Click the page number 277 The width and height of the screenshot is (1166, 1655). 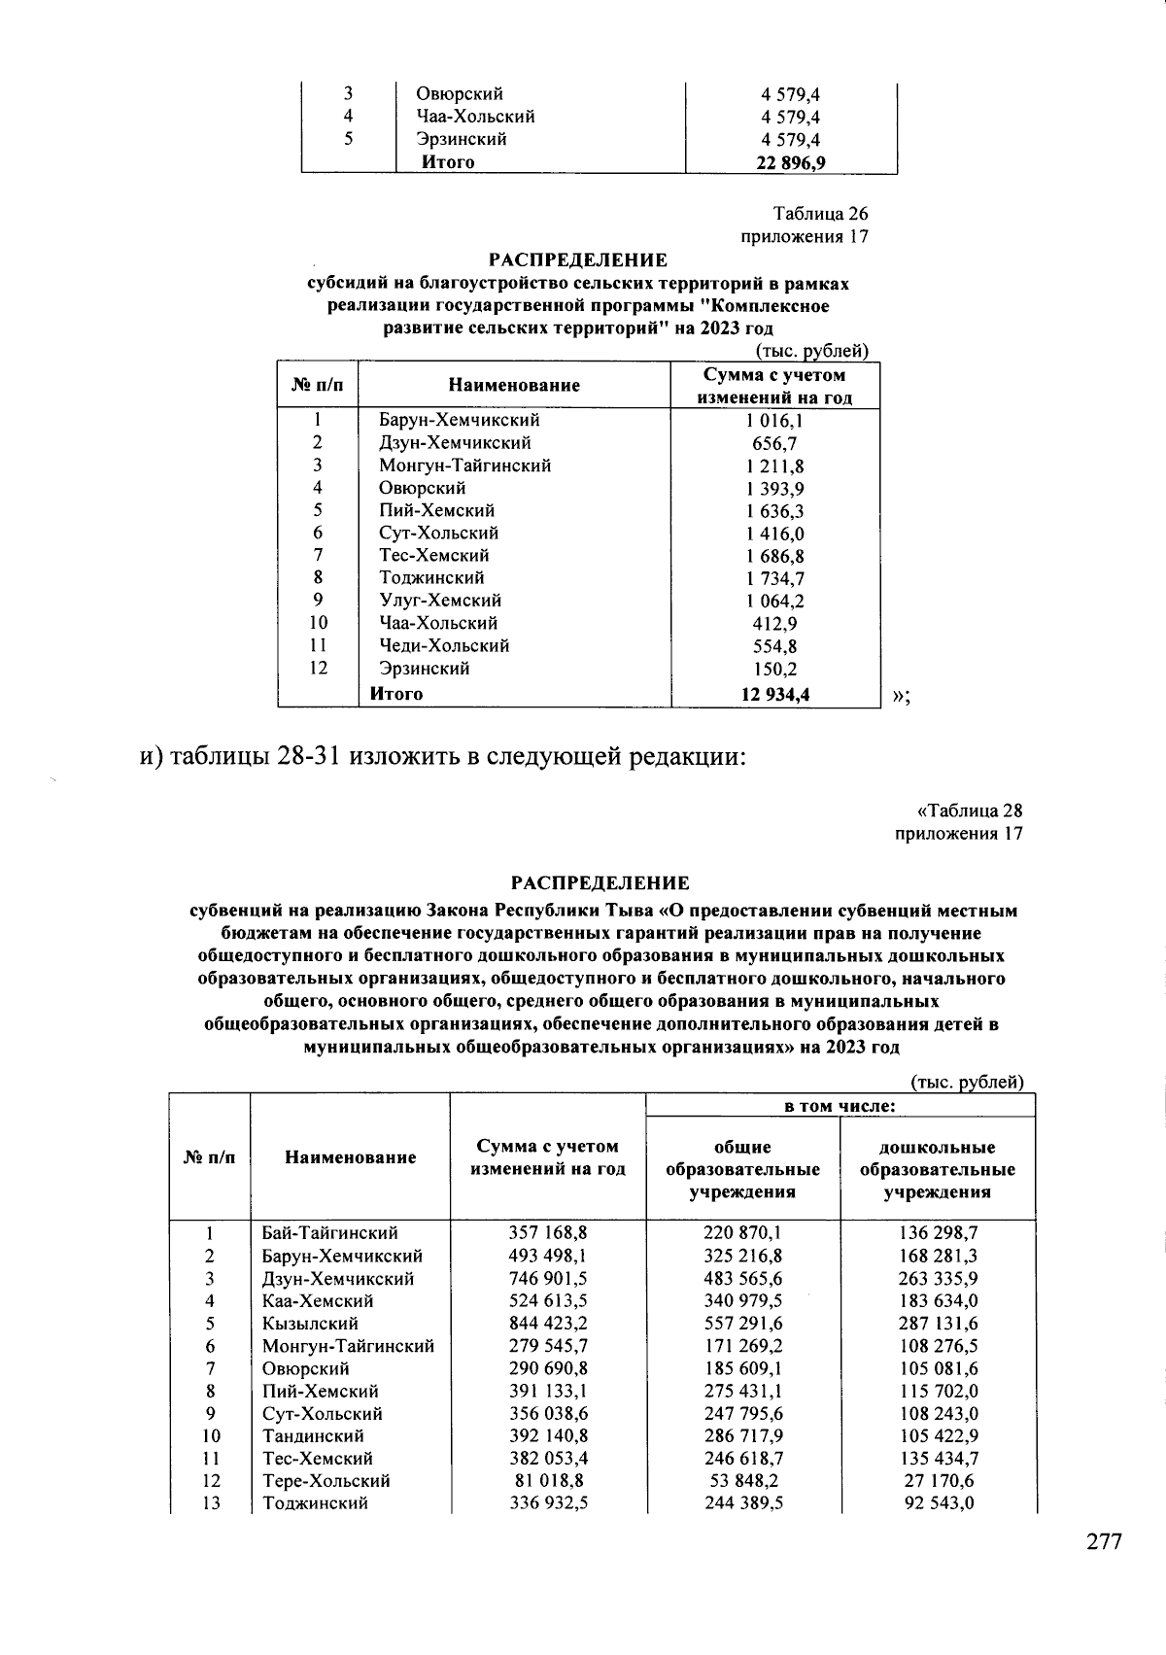coord(1103,1541)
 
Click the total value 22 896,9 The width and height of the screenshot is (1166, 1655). coord(791,162)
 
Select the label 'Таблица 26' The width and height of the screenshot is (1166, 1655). coord(820,214)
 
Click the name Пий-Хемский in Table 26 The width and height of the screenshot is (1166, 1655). coord(436,510)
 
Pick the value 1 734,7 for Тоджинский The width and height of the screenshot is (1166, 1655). coord(774,578)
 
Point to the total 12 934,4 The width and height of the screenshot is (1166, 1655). coord(774,694)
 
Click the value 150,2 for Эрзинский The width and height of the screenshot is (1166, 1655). coord(774,669)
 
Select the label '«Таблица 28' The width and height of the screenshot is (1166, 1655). coord(969,810)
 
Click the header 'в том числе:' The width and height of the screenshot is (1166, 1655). coord(840,1106)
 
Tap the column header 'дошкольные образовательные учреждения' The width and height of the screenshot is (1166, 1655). coord(937,1169)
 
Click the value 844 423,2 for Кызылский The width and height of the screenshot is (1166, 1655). coord(548,1324)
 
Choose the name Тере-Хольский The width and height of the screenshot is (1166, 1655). coord(326,1481)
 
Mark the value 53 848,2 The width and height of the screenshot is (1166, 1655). coord(742,1481)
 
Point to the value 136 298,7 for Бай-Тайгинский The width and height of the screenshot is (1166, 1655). coord(938,1233)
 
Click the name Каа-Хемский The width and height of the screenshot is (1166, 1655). coord(318,1301)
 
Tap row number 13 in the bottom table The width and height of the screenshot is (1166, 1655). coord(211,1503)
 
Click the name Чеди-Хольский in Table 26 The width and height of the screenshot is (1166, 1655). coord(444,646)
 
